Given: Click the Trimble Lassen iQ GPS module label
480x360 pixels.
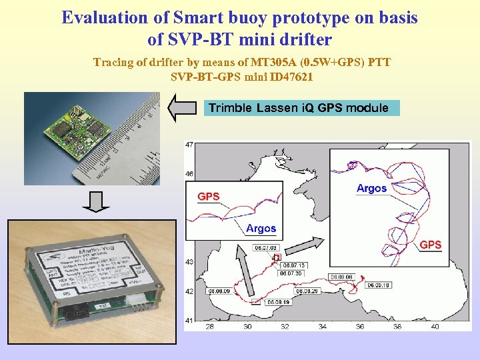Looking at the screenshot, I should point(299,108).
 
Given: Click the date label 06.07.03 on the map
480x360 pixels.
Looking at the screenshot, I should point(264,249).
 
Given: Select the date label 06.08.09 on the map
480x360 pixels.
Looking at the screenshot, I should point(218,291).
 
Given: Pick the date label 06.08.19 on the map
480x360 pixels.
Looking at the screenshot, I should point(279,302).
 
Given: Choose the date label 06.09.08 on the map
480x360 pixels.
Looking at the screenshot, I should point(340,277).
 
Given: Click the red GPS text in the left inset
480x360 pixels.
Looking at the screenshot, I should point(208,197).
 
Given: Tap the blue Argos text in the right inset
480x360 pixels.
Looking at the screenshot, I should point(371,189).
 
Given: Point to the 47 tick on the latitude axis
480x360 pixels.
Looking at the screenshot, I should point(189,145).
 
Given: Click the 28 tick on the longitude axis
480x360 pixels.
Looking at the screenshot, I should point(209,327).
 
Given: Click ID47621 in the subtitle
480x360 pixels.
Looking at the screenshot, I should point(290,77).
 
